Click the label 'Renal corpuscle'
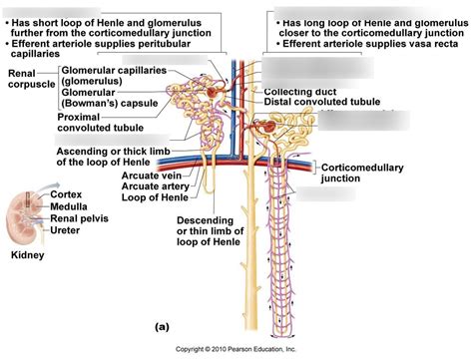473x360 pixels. tap(29, 80)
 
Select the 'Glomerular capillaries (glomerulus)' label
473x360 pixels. tap(105, 77)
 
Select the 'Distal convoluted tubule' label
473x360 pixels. tap(325, 103)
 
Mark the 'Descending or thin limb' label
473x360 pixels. tap(209, 233)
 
